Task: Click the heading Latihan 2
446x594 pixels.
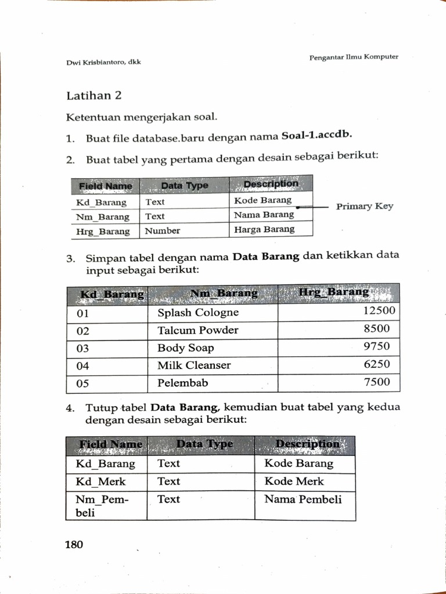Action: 93,96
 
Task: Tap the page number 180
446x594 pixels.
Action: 74,545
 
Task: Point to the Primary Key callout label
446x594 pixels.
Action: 364,207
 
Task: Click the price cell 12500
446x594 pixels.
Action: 379,311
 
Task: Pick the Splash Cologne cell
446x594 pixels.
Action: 198,313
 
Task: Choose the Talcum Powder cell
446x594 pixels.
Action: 198,331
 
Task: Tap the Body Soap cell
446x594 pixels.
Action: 186,348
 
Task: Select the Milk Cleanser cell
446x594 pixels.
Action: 194,365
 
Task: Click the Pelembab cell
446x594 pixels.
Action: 182,383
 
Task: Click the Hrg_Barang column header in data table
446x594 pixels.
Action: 334,292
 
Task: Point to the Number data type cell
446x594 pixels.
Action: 163,231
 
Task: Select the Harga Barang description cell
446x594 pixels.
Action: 264,230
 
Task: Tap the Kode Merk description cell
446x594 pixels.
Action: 294,481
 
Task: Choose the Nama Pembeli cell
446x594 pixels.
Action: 303,499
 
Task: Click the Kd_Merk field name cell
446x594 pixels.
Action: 100,481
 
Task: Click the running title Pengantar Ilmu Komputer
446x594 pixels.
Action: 353,57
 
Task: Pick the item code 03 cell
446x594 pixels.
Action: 83,348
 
